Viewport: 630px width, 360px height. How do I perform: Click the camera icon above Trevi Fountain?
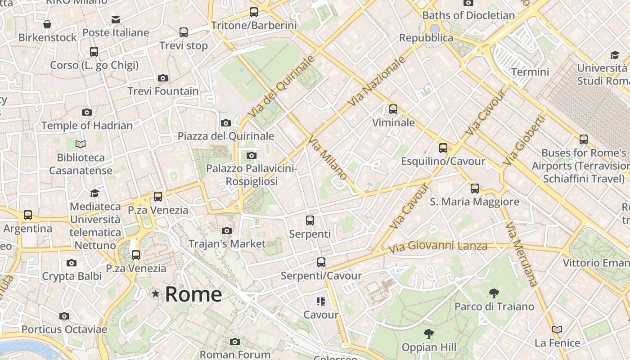click(163, 78)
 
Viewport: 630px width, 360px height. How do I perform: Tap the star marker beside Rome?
click(156, 294)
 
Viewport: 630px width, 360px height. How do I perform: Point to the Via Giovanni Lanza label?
click(437, 247)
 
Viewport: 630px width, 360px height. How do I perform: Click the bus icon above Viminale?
click(393, 109)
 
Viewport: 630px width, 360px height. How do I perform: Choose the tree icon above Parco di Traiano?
click(494, 293)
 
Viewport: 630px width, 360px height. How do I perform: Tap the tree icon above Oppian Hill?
click(429, 334)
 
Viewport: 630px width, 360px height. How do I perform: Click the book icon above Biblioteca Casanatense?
click(81, 144)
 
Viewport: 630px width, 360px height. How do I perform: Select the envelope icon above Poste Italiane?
click(116, 20)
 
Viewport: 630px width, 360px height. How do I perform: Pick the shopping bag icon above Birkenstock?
click(47, 24)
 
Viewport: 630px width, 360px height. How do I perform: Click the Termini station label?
click(530, 72)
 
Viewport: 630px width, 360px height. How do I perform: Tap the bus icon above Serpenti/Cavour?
click(321, 262)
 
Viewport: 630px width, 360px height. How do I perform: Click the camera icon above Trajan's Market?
click(227, 231)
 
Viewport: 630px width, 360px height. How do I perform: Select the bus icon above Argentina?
click(28, 216)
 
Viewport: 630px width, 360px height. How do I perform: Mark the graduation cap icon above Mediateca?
click(94, 193)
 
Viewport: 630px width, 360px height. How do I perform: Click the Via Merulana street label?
click(521, 254)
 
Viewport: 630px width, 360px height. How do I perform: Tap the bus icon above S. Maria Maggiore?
click(475, 189)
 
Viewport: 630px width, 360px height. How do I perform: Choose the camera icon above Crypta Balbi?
click(72, 263)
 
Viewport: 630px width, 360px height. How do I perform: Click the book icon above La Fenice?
click(557, 330)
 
